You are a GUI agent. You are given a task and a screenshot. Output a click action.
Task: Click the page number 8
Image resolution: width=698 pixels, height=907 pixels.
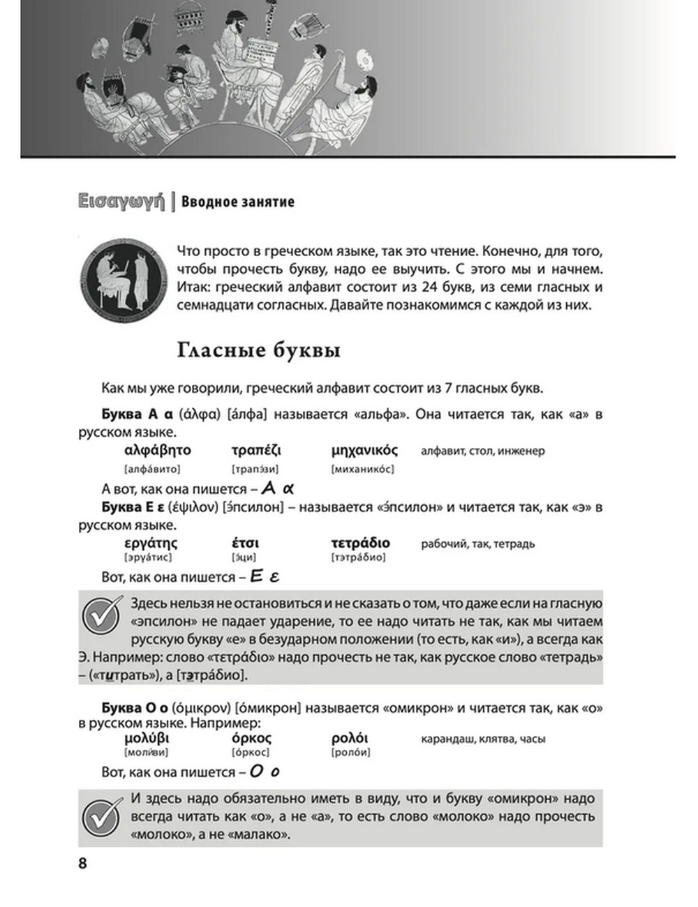(x=83, y=863)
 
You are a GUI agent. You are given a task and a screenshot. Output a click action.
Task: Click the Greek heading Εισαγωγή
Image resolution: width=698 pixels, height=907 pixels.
(x=122, y=202)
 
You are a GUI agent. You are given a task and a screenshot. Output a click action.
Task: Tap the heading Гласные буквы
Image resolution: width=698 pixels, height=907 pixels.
(x=259, y=350)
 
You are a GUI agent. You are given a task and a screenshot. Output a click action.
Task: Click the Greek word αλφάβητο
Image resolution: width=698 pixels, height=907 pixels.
(x=157, y=451)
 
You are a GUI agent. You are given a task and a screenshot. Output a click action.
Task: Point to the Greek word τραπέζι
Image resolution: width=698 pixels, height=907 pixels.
(x=256, y=451)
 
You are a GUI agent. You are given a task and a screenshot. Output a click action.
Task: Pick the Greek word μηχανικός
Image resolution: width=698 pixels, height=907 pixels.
(x=364, y=451)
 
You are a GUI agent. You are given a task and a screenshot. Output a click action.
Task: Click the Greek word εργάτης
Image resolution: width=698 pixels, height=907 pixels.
(x=151, y=543)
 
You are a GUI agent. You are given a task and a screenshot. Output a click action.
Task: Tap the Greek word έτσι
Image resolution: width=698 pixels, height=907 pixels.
(x=246, y=543)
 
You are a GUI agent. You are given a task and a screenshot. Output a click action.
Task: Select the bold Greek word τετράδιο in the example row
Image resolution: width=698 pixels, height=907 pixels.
(x=360, y=543)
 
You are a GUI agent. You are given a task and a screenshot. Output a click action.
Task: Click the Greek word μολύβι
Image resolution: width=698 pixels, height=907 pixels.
(x=147, y=738)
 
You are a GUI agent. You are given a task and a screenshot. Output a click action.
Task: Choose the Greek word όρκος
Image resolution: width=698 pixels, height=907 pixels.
(x=251, y=738)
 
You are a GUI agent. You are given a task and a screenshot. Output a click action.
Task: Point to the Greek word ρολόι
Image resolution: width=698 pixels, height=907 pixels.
(x=350, y=738)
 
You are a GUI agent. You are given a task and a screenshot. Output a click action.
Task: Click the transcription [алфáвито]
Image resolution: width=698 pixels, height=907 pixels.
(x=151, y=469)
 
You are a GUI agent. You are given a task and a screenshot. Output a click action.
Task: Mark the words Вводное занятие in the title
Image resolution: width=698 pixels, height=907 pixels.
(x=238, y=202)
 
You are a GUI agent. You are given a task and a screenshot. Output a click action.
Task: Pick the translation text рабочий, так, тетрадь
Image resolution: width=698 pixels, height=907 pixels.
(x=477, y=544)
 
